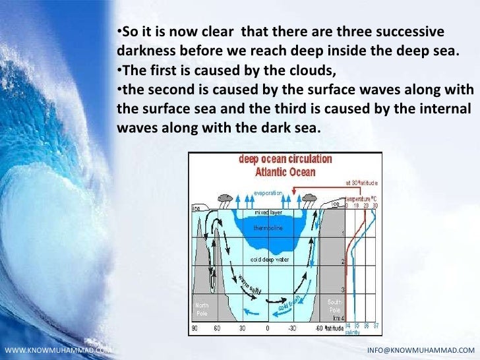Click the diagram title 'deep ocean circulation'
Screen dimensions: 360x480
coord(285,160)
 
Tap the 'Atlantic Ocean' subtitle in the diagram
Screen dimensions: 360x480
coord(285,172)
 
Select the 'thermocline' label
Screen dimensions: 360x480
coord(268,228)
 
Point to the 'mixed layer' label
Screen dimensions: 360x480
coord(268,213)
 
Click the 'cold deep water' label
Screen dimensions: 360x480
coord(268,259)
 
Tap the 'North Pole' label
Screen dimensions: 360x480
coord(202,309)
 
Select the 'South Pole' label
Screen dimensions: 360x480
coord(335,305)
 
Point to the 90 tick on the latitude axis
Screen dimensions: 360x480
coord(195,328)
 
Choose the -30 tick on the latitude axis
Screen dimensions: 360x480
coord(291,328)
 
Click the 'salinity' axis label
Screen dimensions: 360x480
coord(353,334)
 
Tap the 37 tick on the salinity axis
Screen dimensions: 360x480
coord(376,326)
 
